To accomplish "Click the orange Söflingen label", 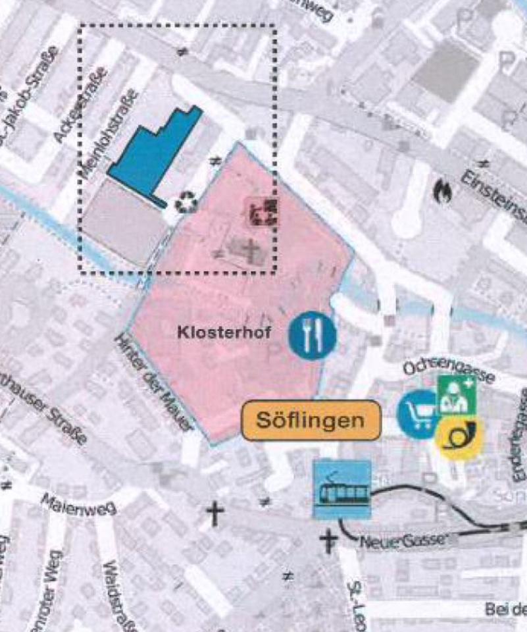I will [311, 420].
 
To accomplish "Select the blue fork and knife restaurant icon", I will [312, 334].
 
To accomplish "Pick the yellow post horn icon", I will [458, 436].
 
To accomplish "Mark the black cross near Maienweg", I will [216, 512].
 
